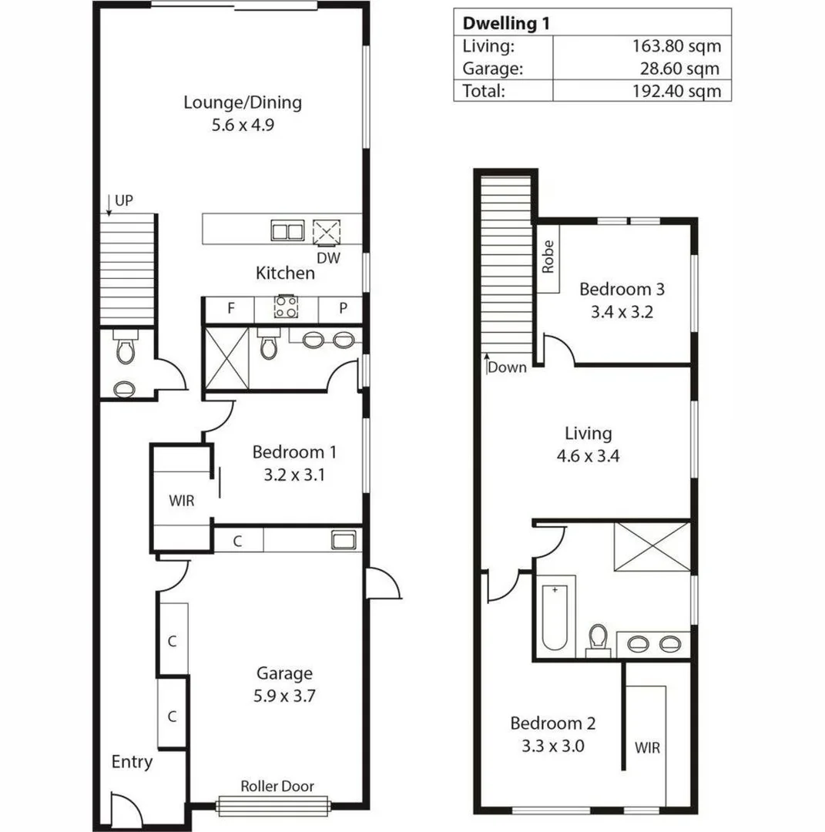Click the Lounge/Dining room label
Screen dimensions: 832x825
coord(242,102)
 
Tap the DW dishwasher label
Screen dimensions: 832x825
coord(329,257)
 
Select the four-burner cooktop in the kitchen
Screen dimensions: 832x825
coord(286,307)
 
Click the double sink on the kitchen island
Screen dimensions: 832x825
coord(287,230)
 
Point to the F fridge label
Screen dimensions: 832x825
coord(230,309)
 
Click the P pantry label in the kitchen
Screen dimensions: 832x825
coord(343,309)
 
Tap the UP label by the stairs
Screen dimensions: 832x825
coord(123,201)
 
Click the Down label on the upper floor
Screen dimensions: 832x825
coord(508,367)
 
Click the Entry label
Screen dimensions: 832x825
coord(132,762)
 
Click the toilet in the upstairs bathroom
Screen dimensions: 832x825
coord(598,639)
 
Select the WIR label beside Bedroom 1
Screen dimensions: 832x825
coord(182,501)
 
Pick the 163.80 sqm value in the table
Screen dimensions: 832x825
coord(676,45)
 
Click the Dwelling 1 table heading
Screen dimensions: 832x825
coord(507,22)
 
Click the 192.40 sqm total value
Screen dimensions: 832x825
coord(676,91)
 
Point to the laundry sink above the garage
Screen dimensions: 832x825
coord(343,539)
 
